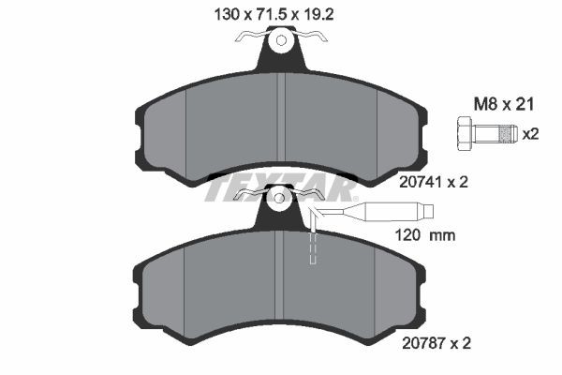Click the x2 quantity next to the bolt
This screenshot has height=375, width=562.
[x=531, y=134]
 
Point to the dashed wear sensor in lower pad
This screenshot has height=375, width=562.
[x=314, y=248]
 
